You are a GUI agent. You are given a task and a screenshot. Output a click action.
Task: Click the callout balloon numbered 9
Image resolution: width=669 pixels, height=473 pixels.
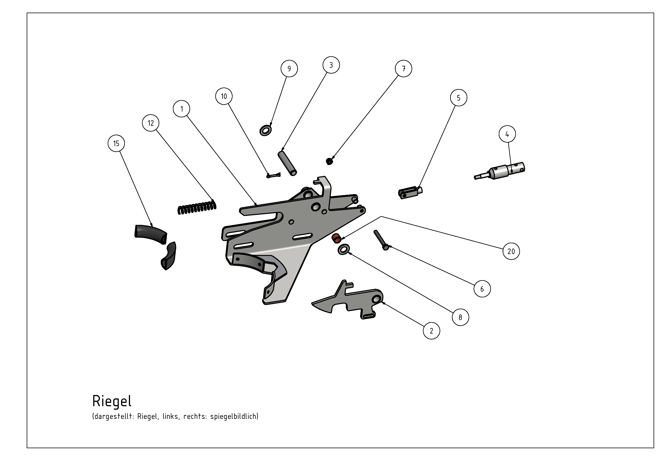(x=289, y=68)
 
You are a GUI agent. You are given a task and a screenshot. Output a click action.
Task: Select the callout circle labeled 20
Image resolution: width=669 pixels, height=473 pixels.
(x=511, y=251)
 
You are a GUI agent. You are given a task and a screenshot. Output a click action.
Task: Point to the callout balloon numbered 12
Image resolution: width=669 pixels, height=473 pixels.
(x=151, y=123)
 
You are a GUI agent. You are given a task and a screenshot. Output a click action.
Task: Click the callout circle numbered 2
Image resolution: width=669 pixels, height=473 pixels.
(x=431, y=331)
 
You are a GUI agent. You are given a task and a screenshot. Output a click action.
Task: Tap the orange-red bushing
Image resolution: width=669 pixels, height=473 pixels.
(x=337, y=238)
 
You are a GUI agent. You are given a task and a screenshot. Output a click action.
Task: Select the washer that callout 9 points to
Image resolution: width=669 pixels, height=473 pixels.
(x=265, y=131)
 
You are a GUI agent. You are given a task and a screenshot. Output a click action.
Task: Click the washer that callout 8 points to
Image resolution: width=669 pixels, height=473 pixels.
(x=344, y=249)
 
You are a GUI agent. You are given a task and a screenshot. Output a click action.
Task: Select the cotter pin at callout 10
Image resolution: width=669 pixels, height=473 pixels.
(x=274, y=175)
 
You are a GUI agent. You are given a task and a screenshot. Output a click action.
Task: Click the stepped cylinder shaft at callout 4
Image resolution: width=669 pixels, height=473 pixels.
(x=500, y=171)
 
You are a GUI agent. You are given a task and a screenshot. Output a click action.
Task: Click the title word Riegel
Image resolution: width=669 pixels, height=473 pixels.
(x=112, y=401)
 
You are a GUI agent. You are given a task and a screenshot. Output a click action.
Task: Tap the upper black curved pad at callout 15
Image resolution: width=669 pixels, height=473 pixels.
(x=150, y=234)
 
